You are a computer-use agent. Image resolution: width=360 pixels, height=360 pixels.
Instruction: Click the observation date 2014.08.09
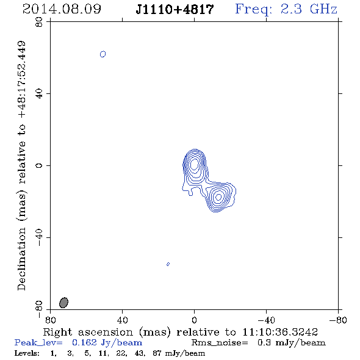click(x=62, y=9)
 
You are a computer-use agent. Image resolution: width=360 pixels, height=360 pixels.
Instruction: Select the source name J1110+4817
click(x=175, y=10)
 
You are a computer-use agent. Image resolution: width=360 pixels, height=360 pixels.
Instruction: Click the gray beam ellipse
click(x=63, y=303)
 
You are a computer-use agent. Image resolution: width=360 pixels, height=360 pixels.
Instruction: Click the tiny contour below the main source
click(x=168, y=264)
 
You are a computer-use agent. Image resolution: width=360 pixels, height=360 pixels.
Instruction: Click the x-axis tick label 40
click(x=122, y=320)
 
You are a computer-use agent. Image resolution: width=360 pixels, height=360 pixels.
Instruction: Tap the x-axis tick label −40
click(x=266, y=320)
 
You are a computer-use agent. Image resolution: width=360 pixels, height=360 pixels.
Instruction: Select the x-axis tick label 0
click(x=194, y=320)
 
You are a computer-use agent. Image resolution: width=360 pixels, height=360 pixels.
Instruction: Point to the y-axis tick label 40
click(x=39, y=94)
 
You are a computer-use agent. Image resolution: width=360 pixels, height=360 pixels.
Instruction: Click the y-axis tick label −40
click(x=39, y=237)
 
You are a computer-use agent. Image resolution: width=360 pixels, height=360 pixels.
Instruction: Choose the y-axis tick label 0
click(x=39, y=165)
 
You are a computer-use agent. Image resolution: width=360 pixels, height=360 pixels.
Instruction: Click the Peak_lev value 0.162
click(x=84, y=342)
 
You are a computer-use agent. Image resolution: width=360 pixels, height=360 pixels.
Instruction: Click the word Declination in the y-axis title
click(x=21, y=259)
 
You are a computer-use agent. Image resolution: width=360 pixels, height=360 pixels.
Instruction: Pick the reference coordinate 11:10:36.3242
click(x=280, y=332)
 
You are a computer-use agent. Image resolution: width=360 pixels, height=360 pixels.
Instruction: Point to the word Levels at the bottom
click(x=27, y=353)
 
